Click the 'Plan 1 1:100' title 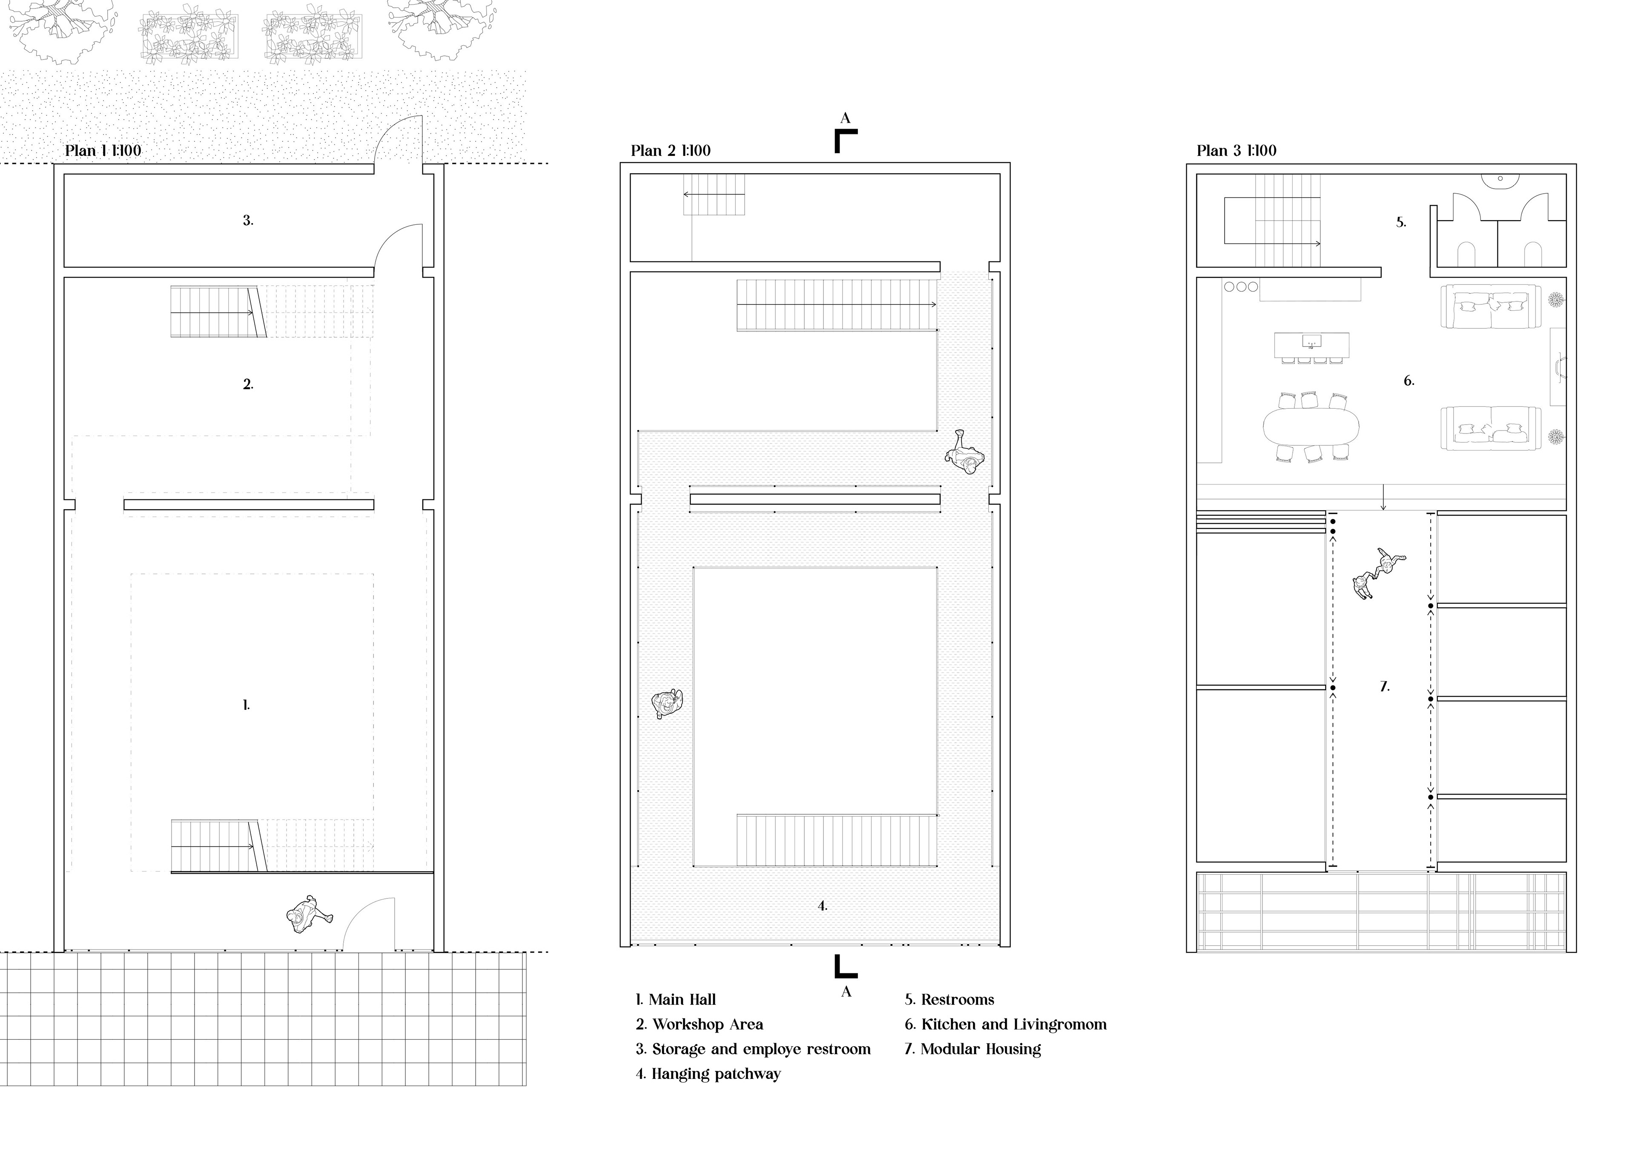[x=103, y=151]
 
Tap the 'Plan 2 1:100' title [x=670, y=151]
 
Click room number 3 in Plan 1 [x=248, y=221]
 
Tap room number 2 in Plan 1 [x=248, y=384]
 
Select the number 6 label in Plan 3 [x=1408, y=381]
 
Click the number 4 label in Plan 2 [x=823, y=906]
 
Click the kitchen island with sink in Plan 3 [x=1312, y=345]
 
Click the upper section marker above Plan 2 [x=845, y=141]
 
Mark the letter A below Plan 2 [x=846, y=992]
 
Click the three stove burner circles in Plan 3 [x=1241, y=287]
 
